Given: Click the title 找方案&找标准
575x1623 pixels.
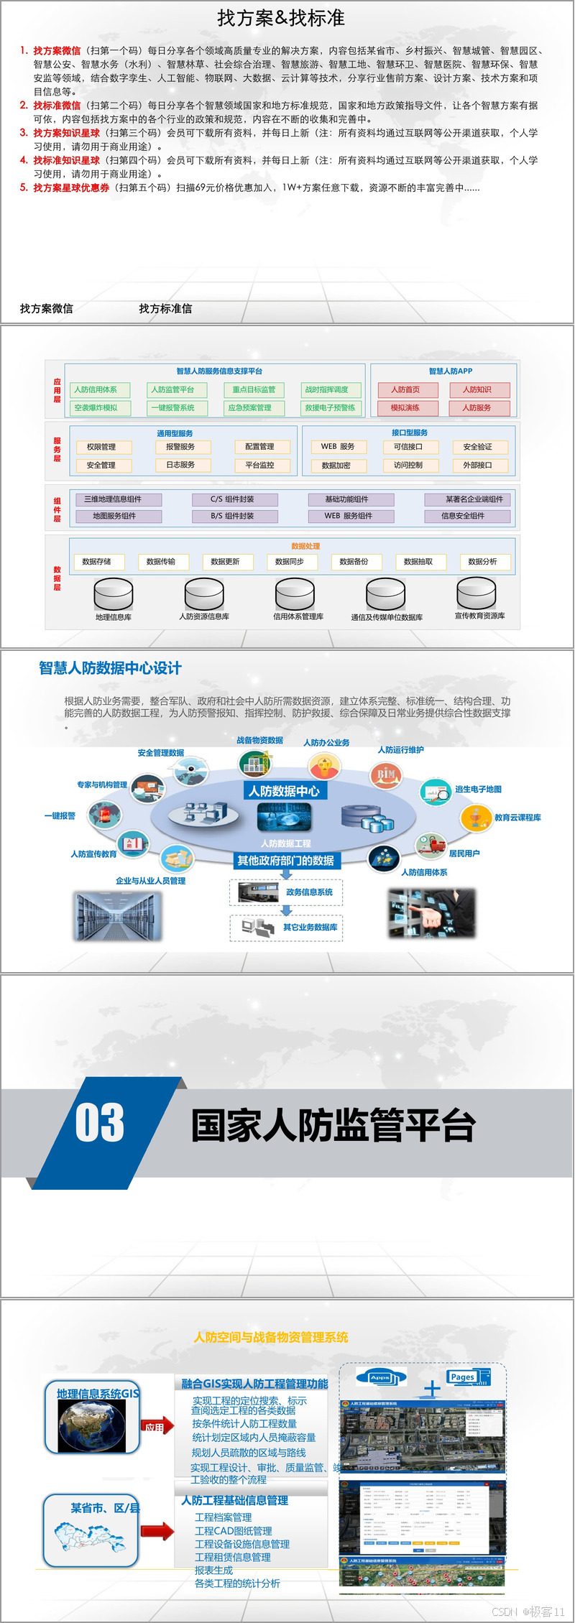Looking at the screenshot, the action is pos(281,18).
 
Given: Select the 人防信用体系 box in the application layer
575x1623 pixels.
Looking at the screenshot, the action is pos(100,389).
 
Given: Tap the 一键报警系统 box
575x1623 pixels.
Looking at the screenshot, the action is pos(177,407).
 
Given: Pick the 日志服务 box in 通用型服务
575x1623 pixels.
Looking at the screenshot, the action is pos(180,465).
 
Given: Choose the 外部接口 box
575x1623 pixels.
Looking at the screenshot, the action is pos(477,465).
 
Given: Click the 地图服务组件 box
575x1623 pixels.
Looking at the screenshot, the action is pos(115,516).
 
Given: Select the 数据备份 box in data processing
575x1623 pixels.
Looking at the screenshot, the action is pos(354,562).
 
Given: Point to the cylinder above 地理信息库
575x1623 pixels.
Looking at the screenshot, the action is pos(114,594).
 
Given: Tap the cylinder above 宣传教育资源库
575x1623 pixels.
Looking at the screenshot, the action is pos(477,593).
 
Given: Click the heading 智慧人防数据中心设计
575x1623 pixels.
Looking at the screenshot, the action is pos(110,668).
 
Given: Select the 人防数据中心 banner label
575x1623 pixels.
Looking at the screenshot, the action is pos(284,791).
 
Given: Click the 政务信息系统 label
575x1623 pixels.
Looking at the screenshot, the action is pos(309,892).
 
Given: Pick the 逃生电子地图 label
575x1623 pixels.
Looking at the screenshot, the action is pos(478,789).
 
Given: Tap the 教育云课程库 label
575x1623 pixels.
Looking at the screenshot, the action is pos(517,818).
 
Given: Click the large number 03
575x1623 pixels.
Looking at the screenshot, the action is pos(100,1123).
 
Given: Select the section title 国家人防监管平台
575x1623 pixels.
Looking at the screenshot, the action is pos(333,1126).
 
